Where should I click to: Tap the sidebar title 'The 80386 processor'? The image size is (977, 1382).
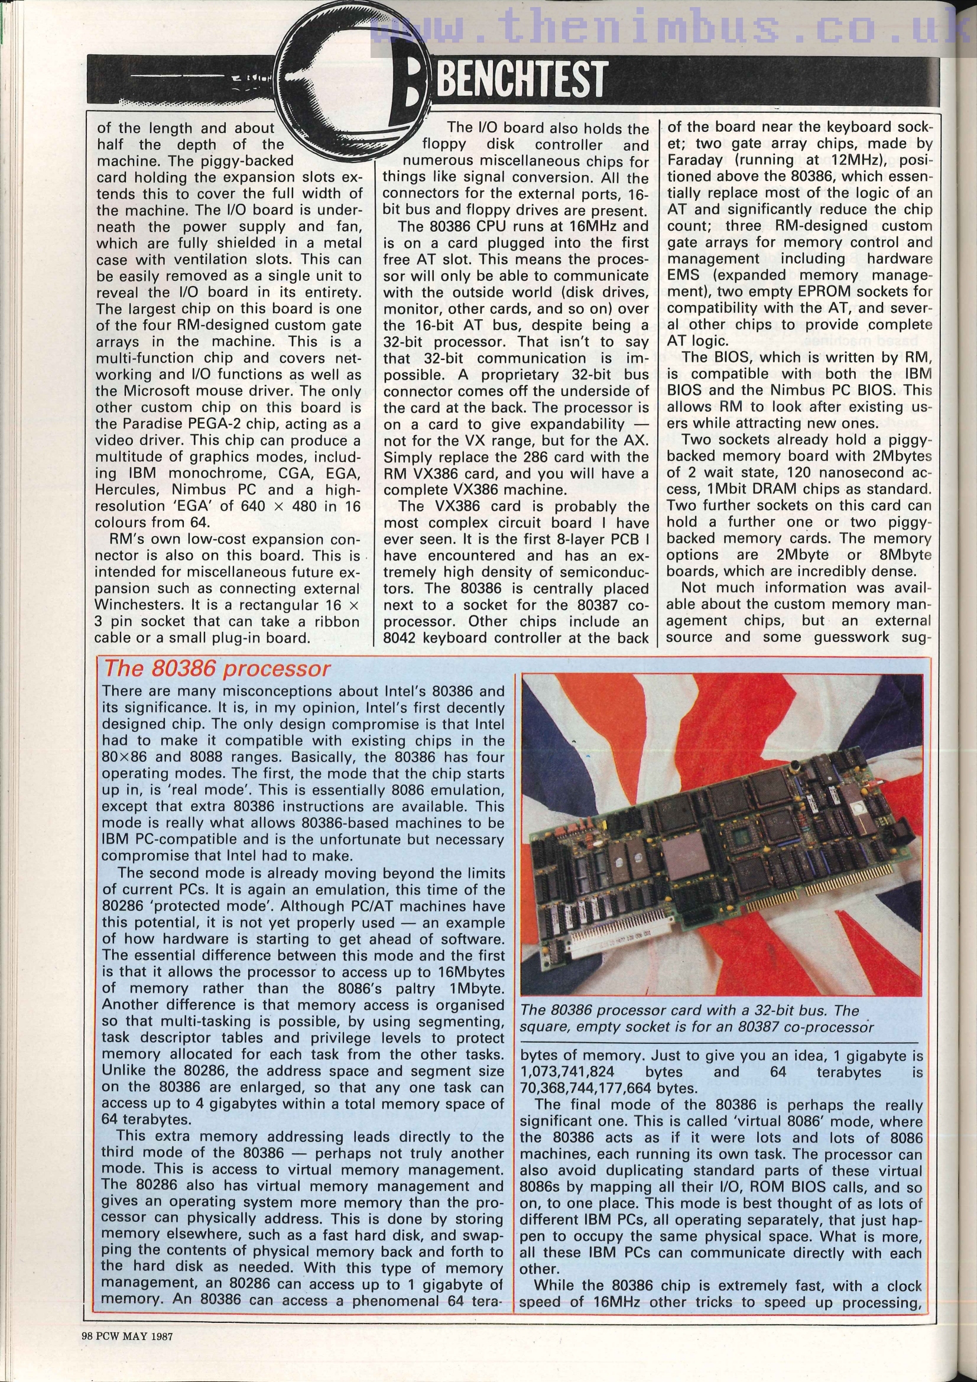[218, 669]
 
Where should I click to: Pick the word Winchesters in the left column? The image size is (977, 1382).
[134, 605]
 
